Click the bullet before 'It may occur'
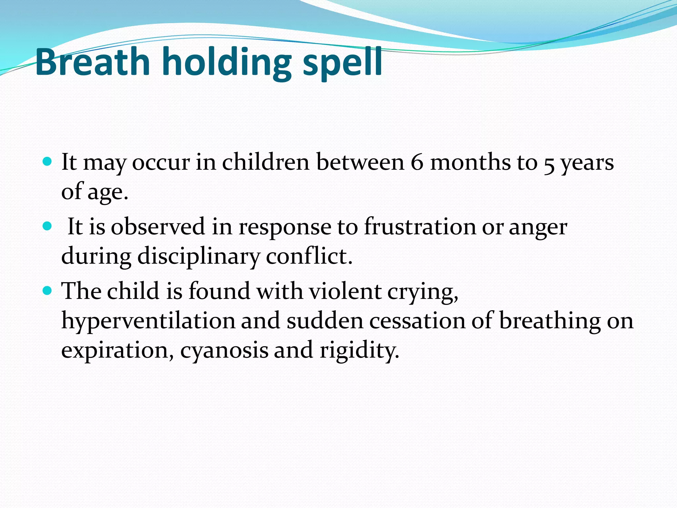[x=48, y=162]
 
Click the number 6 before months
[x=417, y=162]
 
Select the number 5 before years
[x=549, y=164]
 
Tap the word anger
[x=538, y=228]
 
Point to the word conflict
[x=309, y=256]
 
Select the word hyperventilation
[x=148, y=321]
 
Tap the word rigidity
[x=359, y=351]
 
